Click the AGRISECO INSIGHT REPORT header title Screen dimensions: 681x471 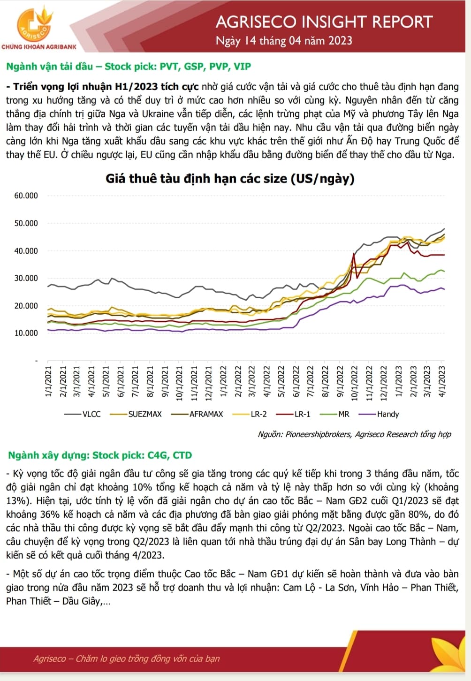coord(324,22)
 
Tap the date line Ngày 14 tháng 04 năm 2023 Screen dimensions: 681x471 coord(284,41)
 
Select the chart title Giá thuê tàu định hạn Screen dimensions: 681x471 coord(230,179)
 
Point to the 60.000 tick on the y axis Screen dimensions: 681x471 coord(26,196)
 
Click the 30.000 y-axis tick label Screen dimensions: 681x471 coord(26,278)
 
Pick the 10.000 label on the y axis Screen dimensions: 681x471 coord(26,333)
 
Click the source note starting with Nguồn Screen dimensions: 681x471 coord(354,434)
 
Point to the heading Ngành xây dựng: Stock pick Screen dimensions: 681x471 coord(100,455)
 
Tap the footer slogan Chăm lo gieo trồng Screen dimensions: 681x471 coord(127,658)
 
